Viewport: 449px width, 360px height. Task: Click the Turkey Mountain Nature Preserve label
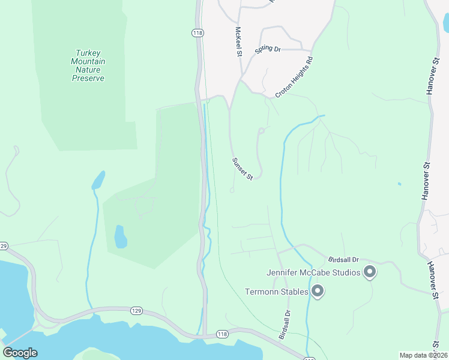[88, 65]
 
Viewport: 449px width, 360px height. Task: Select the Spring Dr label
[268, 49]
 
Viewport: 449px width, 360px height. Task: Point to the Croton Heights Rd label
[295, 77]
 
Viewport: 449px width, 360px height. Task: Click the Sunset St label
[243, 169]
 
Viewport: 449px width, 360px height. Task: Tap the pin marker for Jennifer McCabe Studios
[370, 272]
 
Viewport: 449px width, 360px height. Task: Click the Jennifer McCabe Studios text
[313, 273]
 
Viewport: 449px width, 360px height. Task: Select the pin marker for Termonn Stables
[318, 292]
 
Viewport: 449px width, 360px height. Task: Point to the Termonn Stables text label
[277, 292]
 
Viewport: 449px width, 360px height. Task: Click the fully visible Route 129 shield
[137, 310]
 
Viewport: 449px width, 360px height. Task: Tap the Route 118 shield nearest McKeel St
[197, 33]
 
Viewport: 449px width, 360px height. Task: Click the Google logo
[20, 353]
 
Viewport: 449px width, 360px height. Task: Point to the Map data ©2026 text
[423, 355]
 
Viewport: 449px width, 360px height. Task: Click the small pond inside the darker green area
[121, 236]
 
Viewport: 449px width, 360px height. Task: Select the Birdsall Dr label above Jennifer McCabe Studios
[343, 260]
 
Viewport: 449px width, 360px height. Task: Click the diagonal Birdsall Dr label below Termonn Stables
[284, 325]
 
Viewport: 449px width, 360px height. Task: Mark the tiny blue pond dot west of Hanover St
[399, 184]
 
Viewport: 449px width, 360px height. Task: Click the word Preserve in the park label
[88, 78]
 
